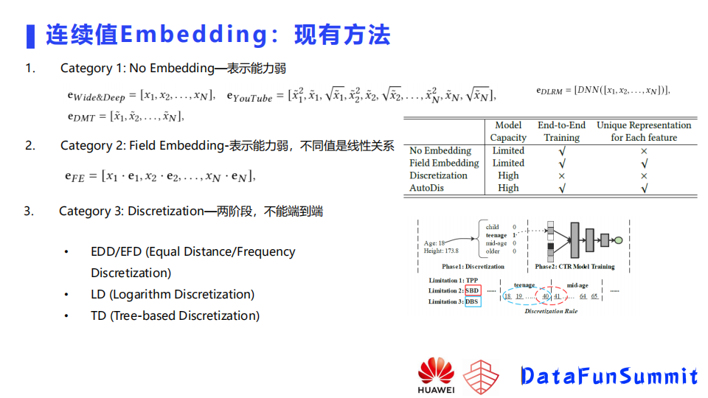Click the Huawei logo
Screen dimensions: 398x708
[436, 374]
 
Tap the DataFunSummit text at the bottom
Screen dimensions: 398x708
[608, 376]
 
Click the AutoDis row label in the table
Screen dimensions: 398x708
[428, 188]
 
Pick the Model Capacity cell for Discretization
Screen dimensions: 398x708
[508, 175]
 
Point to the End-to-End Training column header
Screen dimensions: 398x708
[561, 131]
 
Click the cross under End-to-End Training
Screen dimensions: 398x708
[561, 175]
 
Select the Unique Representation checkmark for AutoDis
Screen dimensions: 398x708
[644, 188]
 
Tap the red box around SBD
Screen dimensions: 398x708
[472, 291]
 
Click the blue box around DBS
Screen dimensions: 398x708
[473, 301]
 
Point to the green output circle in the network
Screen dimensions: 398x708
[619, 240]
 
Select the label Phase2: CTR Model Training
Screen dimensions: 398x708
[575, 266]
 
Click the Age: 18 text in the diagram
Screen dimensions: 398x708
[434, 243]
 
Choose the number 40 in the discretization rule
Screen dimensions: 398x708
[546, 296]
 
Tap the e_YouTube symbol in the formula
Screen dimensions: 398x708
[249, 97]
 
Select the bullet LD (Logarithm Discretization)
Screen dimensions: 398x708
[173, 294]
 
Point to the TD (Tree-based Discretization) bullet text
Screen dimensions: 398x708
[175, 315]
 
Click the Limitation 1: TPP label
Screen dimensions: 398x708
[453, 281]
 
